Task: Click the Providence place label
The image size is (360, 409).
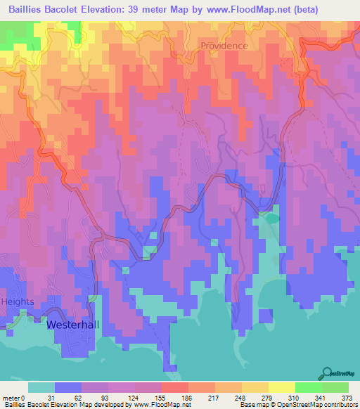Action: (x=224, y=46)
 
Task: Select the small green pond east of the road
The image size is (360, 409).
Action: (x=271, y=219)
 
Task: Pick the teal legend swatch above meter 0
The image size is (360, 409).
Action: (x=41, y=387)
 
